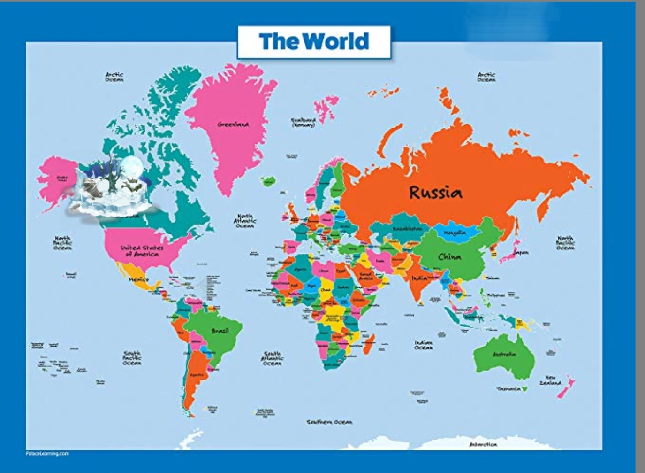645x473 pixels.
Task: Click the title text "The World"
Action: [314, 41]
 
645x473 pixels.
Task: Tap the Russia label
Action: [435, 192]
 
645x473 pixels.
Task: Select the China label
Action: [449, 256]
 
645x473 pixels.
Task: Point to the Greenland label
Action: [233, 124]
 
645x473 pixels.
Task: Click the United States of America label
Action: [142, 251]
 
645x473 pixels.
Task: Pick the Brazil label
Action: [220, 331]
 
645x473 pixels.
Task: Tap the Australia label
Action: [504, 354]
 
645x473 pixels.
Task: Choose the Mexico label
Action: [139, 279]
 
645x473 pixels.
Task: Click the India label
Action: [419, 278]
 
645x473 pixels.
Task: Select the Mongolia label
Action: [455, 233]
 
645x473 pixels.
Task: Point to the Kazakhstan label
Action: [407, 228]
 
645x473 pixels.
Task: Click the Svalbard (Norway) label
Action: [303, 123]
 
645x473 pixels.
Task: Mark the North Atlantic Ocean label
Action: [245, 221]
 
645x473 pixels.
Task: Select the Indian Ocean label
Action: [423, 345]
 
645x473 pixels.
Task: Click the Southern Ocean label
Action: [329, 422]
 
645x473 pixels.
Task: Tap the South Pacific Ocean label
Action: [132, 358]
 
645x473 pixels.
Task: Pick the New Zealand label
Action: [550, 380]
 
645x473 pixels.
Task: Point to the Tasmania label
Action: [508, 388]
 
